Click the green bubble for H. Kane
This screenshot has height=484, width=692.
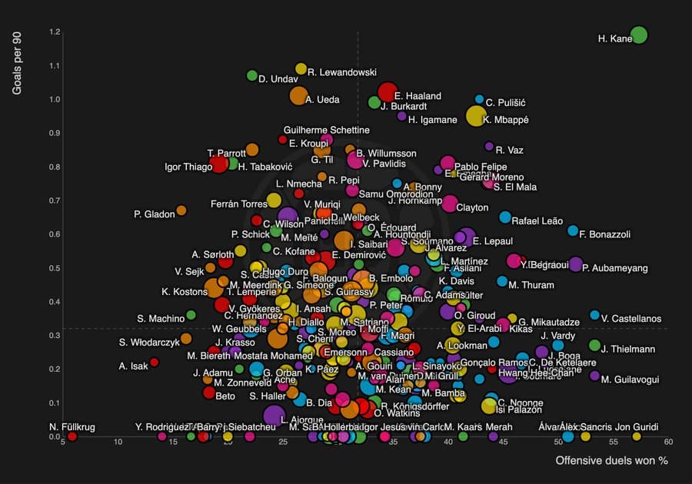638,35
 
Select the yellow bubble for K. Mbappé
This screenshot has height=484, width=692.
477,116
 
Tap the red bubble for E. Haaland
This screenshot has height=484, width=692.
388,91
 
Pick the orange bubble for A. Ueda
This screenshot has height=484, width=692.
298,96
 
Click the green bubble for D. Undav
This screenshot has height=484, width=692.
251,75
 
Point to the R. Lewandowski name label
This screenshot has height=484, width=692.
341,72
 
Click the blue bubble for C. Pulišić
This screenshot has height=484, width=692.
479,99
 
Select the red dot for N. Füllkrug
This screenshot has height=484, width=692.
72,436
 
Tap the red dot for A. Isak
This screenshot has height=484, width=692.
154,362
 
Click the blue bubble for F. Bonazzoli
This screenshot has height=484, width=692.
572,230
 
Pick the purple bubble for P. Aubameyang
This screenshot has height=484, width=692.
575,264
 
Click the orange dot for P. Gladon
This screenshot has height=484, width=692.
181,211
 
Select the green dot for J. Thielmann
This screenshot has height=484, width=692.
594,346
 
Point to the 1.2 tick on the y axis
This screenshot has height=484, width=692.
54,32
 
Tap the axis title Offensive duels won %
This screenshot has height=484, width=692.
611,461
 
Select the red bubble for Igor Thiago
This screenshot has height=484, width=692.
220,164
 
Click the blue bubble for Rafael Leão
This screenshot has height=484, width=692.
504,217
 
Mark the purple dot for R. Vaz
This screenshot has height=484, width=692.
489,146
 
